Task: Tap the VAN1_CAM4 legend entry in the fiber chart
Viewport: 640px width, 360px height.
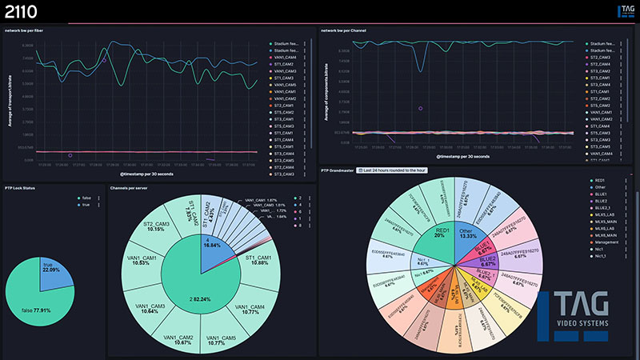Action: pos(284,57)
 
